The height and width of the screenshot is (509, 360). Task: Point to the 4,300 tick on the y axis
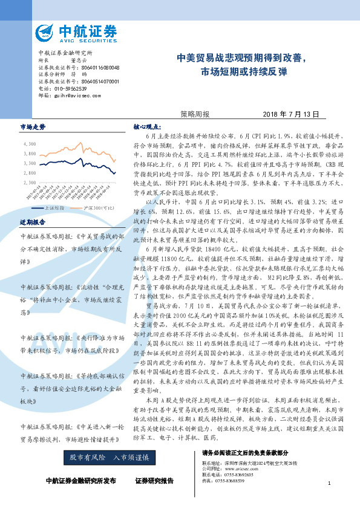(29, 144)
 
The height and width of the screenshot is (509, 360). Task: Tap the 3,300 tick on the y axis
(29, 163)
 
